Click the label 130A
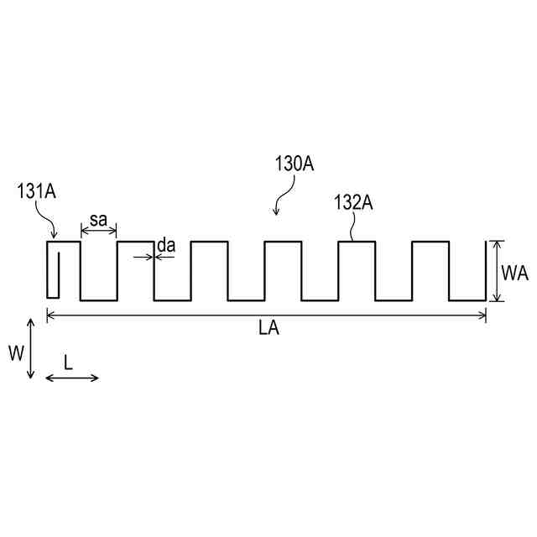(x=294, y=165)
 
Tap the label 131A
(x=37, y=192)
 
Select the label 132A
(x=353, y=202)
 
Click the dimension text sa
(x=98, y=221)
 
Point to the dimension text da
(x=166, y=245)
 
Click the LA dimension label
(x=268, y=330)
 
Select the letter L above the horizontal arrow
(x=69, y=362)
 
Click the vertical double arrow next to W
(x=31, y=348)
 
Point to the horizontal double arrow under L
(x=71, y=378)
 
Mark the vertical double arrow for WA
(x=497, y=271)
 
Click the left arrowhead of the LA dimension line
(x=50, y=315)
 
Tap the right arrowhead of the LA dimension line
(x=483, y=315)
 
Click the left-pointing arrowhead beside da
(x=159, y=256)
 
